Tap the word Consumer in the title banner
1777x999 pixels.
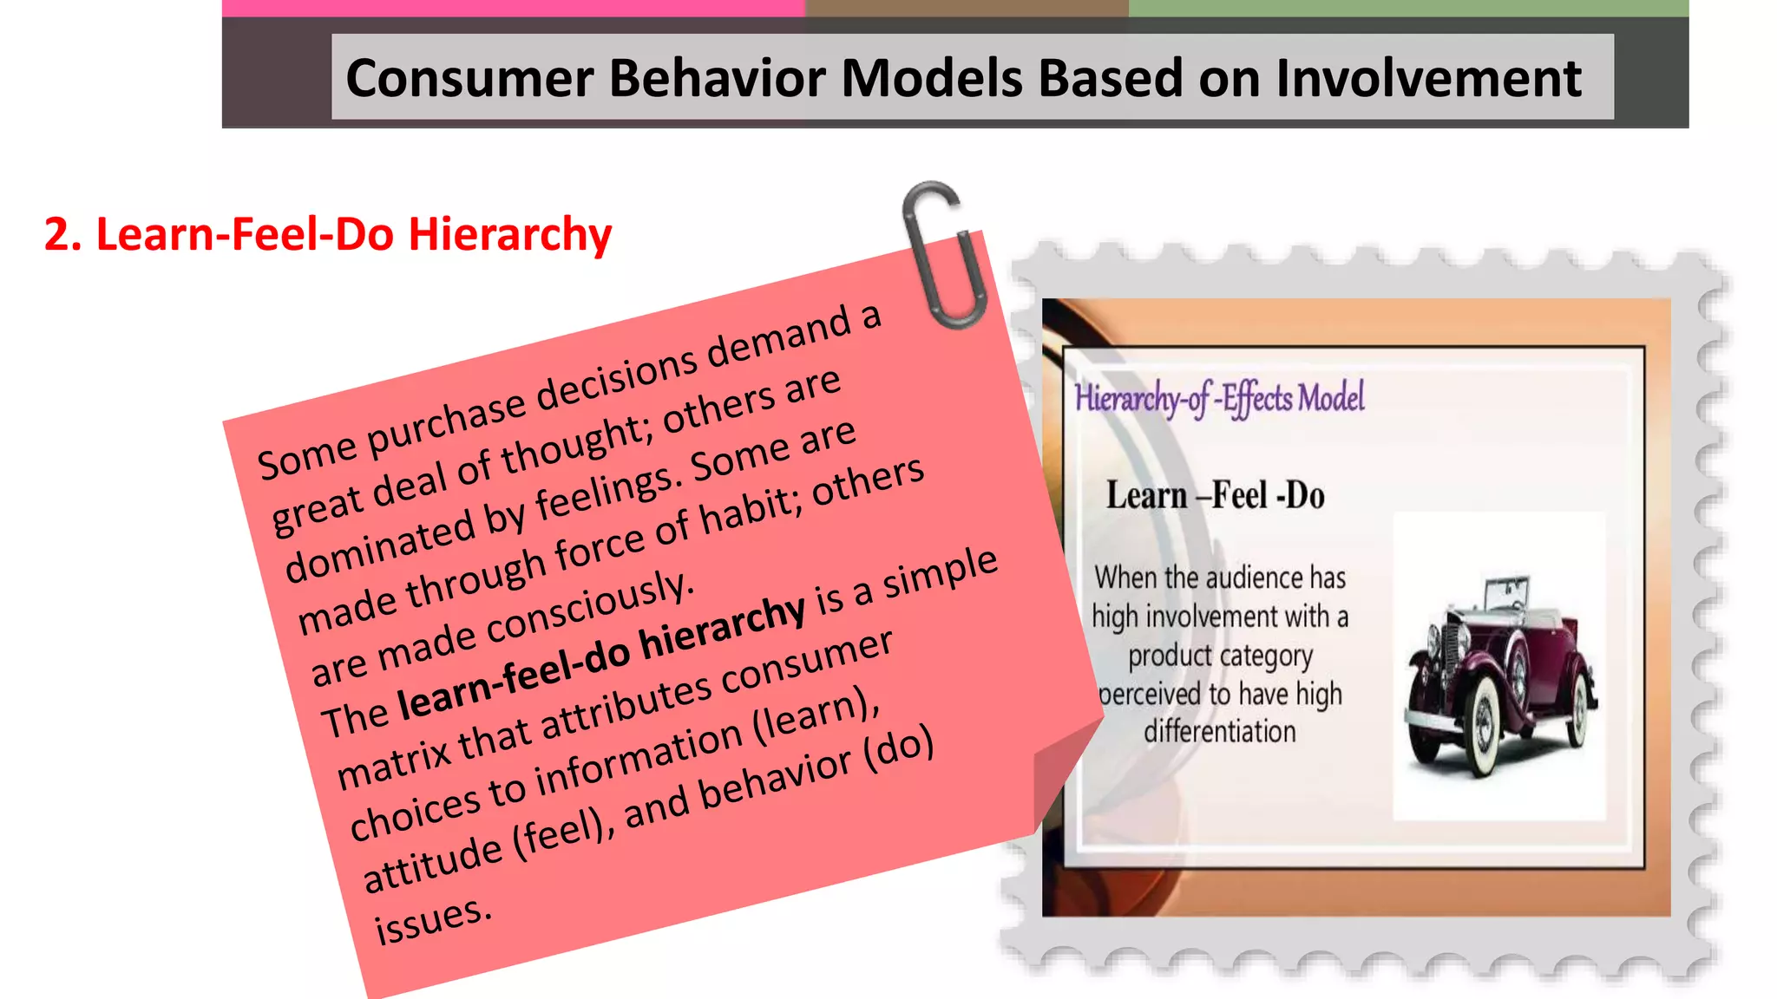click(469, 78)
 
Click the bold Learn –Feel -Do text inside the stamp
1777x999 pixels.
click(1215, 496)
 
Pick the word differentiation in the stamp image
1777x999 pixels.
click(1219, 732)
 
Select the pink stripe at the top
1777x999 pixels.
click(512, 8)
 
